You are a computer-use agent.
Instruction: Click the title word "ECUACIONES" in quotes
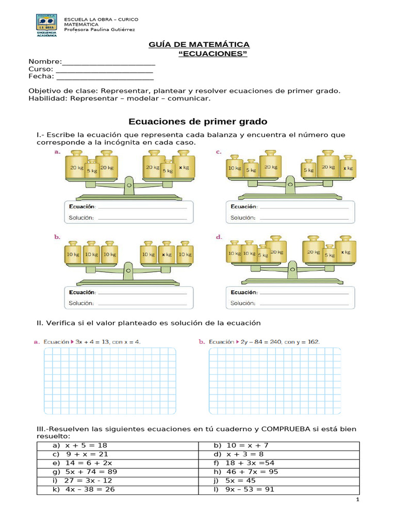pos(212,54)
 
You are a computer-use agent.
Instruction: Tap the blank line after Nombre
pos(109,62)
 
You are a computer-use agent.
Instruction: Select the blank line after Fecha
pos(104,77)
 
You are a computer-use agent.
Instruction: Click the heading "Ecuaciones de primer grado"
pos(197,122)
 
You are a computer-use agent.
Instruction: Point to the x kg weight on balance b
pos(166,254)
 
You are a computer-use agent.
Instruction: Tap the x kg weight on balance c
pos(348,168)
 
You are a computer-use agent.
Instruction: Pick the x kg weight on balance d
pos(344,252)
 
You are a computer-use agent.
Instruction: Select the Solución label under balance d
pos(242,303)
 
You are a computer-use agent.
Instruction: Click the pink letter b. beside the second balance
pos(58,237)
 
